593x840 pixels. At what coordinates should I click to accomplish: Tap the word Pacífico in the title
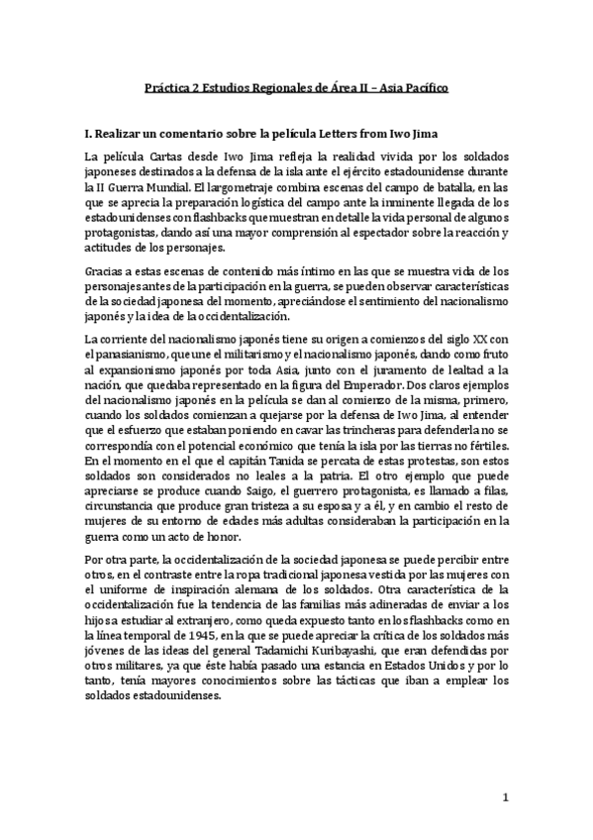(423, 88)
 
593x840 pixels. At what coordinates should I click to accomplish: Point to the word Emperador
(399, 381)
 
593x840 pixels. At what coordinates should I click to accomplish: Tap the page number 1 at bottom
(506, 797)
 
